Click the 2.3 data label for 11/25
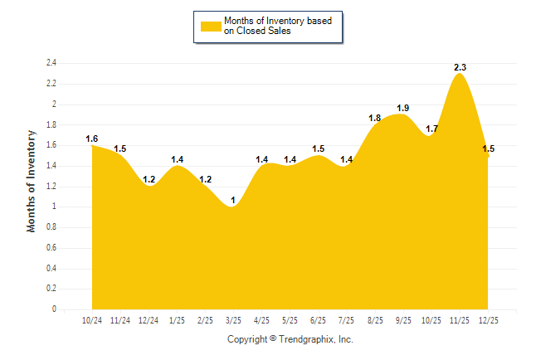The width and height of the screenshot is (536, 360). click(x=460, y=67)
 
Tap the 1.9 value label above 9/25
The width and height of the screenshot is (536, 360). click(x=403, y=108)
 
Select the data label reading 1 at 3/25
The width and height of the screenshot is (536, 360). click(x=233, y=200)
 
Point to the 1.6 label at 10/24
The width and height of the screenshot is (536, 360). click(x=91, y=139)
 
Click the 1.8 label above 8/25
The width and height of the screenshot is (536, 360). click(x=375, y=118)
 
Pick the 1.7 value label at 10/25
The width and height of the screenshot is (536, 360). click(x=431, y=129)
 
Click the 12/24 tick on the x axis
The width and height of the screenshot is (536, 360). click(x=149, y=319)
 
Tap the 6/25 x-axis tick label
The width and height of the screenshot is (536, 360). click(x=318, y=319)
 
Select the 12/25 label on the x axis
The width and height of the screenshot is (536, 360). click(x=488, y=319)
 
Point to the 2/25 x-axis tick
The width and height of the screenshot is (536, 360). click(x=205, y=319)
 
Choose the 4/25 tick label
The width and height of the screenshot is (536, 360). click(x=261, y=319)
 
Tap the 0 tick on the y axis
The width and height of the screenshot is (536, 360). click(x=54, y=309)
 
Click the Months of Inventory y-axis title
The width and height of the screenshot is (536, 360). click(x=32, y=180)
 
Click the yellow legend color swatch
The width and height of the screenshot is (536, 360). click(x=210, y=26)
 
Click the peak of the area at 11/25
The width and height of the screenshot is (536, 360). click(x=460, y=75)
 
